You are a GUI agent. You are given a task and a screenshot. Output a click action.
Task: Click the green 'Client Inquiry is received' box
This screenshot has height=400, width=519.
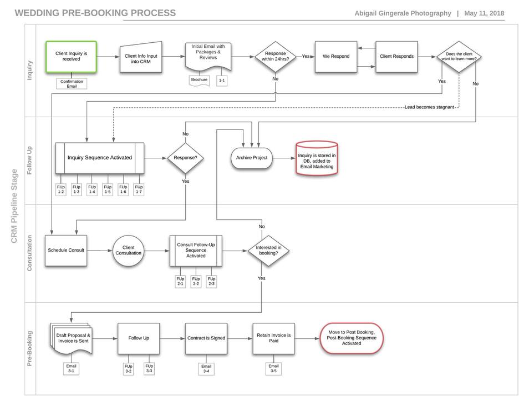pos(71,56)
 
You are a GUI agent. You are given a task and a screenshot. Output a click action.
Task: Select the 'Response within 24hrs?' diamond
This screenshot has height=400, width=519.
pos(276,56)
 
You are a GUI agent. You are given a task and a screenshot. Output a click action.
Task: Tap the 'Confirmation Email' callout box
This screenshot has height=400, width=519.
pos(72,83)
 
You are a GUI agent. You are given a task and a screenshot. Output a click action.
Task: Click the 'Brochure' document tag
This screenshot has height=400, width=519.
pos(199,81)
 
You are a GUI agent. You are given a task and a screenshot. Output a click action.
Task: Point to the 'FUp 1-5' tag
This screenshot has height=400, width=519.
pos(108,189)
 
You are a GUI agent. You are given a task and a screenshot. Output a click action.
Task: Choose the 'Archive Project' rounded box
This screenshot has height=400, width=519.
pos(252,158)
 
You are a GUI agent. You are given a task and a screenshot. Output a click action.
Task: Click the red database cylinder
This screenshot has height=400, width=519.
pos(317,158)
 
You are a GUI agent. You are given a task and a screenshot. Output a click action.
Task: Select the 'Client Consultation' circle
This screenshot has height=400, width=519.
pos(129,251)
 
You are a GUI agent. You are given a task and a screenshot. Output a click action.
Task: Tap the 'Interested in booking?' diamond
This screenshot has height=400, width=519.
pos(268,251)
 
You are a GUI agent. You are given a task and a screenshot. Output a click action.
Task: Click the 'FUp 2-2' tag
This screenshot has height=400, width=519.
pos(196,282)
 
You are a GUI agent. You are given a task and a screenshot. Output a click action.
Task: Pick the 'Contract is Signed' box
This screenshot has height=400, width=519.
pos(206,338)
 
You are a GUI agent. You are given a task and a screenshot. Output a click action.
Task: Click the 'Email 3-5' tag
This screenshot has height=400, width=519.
pos(273,368)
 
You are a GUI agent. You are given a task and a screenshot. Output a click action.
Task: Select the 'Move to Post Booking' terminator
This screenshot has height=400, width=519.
pos(352,338)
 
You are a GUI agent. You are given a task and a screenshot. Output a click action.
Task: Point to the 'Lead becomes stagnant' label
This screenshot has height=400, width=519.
pos(429,107)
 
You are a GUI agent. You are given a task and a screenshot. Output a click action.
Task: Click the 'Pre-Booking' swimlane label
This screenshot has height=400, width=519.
pos(30,348)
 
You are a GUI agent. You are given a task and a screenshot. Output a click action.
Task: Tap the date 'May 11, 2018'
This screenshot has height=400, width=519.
pos(484,13)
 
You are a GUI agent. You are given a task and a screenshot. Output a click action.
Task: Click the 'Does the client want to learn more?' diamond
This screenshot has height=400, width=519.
pos(459,57)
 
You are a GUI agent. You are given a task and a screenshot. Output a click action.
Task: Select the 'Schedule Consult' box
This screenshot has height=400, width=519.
pos(66,251)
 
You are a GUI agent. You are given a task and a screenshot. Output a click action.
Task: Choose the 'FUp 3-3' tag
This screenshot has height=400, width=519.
pos(149,368)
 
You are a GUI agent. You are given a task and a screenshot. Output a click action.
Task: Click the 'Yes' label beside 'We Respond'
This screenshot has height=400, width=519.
pos(306,56)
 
